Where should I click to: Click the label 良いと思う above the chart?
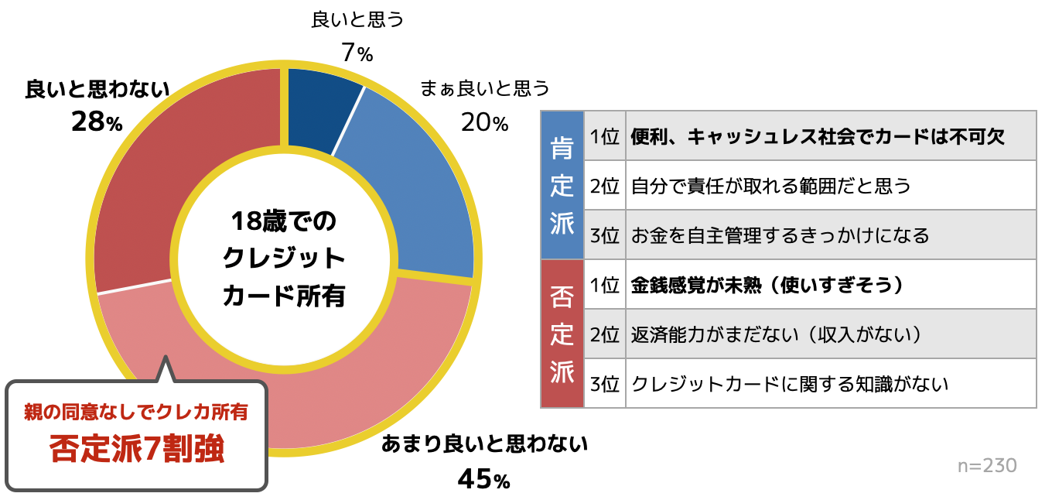click(357, 19)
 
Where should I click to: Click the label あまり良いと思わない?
click(485, 444)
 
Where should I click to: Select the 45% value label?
click(483, 480)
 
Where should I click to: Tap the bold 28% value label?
click(97, 122)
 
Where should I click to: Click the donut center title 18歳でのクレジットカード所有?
click(283, 258)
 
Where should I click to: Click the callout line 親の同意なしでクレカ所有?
click(137, 412)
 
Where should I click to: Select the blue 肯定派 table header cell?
click(562, 185)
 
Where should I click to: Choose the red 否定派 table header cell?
click(562, 334)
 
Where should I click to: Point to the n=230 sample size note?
click(987, 465)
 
